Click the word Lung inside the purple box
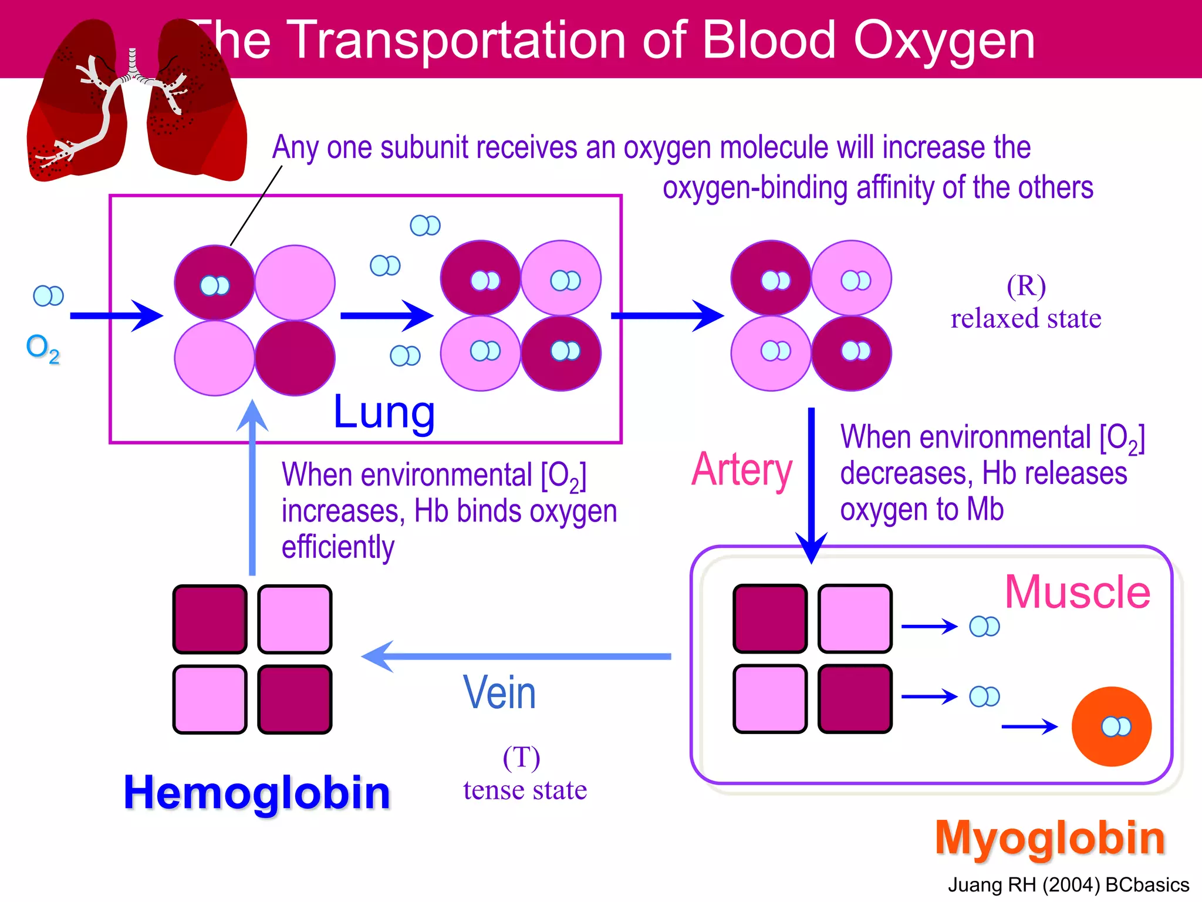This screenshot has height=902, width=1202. (x=384, y=412)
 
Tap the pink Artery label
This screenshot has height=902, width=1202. (x=742, y=470)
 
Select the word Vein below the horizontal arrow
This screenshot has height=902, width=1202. (x=499, y=693)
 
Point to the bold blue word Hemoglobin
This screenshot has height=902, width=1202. (x=257, y=793)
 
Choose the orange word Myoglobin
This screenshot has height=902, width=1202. (x=1050, y=838)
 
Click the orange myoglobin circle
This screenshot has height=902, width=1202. (x=1112, y=727)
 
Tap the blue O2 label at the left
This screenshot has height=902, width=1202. (x=43, y=348)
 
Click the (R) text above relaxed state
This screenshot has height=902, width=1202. (x=1026, y=286)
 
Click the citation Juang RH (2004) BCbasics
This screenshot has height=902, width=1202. (x=1068, y=885)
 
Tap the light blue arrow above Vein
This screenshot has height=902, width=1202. (x=516, y=656)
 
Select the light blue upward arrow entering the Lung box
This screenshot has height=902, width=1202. (x=252, y=487)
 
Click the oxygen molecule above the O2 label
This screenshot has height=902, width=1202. (x=48, y=295)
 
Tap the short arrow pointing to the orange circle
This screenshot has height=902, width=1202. (x=1029, y=727)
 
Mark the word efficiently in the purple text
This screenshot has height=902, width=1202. (x=338, y=547)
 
